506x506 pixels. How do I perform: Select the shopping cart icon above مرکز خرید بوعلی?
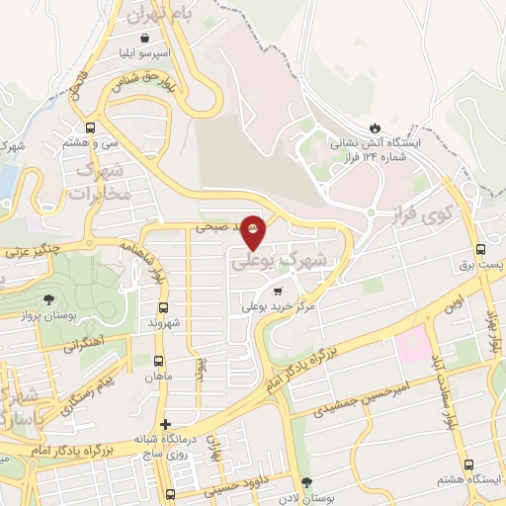(278, 291)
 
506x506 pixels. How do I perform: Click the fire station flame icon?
(375, 126)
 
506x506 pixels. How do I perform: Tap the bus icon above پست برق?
(480, 249)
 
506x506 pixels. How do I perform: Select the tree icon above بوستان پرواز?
(49, 298)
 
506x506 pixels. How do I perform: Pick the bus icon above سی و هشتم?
(91, 127)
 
